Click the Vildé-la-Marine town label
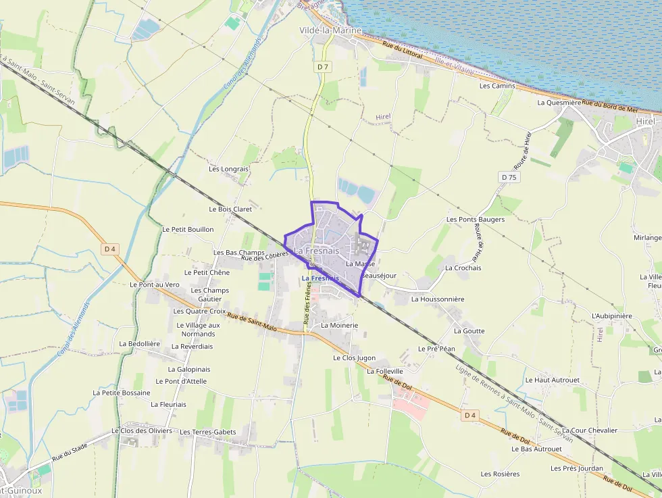(330, 30)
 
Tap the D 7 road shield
(323, 66)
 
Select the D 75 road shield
(509, 177)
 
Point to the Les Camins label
(497, 86)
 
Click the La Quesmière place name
(559, 103)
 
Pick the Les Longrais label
(229, 169)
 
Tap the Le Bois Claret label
(230, 209)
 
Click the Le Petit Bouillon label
(188, 230)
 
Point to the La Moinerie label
(339, 325)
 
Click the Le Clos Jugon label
(354, 357)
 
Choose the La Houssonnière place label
(438, 299)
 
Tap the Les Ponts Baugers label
(476, 220)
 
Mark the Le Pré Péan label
(436, 349)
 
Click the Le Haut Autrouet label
(553, 380)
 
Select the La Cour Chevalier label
(590, 430)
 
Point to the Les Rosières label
(501, 474)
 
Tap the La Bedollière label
(139, 343)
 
